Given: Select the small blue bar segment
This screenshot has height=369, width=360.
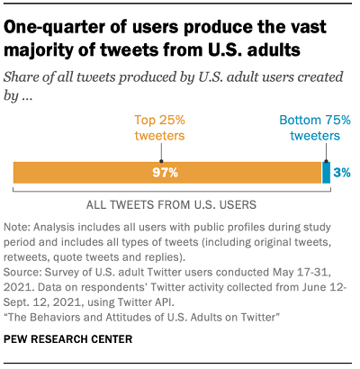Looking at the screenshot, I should (x=327, y=173).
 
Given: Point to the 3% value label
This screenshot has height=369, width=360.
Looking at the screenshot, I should (x=343, y=173).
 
